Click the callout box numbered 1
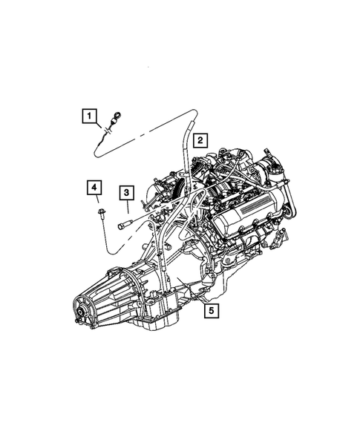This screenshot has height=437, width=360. pyautogui.click(x=90, y=116)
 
